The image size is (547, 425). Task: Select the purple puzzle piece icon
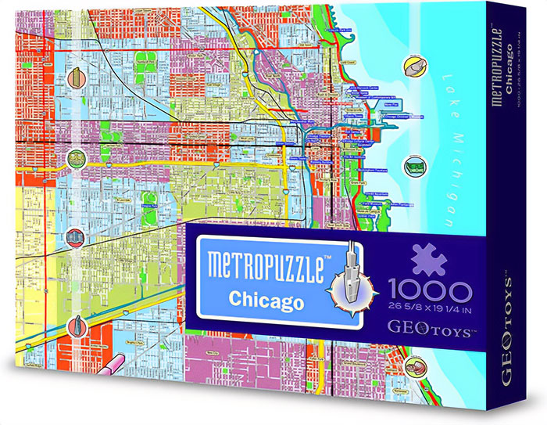[x=427, y=261]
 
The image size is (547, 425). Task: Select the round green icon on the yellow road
[x=76, y=160]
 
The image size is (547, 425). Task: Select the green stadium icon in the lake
[x=413, y=166]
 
